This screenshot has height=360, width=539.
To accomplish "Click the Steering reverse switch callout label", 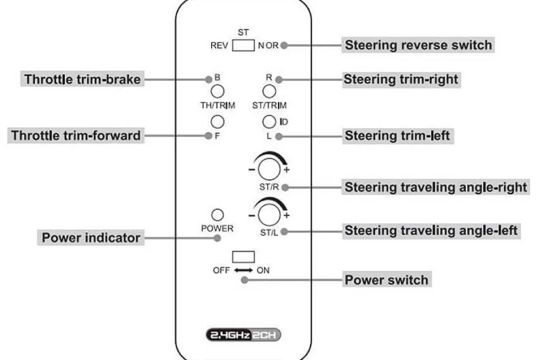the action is pyautogui.click(x=418, y=45).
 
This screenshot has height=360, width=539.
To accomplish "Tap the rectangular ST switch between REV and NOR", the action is pyautogui.click(x=243, y=46).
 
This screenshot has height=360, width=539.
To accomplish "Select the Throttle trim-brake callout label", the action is pyautogui.click(x=82, y=79).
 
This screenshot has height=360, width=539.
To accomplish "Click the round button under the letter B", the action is pyautogui.click(x=217, y=91).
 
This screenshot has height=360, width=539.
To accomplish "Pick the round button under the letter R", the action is pyautogui.click(x=269, y=91).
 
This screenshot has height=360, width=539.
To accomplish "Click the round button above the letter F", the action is pyautogui.click(x=217, y=122).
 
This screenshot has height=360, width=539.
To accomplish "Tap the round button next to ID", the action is pyautogui.click(x=269, y=122).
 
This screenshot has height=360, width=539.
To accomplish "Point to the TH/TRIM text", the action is pyautogui.click(x=218, y=105).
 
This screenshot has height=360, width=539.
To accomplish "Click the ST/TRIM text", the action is pyautogui.click(x=269, y=105).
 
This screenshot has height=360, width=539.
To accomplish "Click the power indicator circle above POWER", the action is pyautogui.click(x=217, y=215).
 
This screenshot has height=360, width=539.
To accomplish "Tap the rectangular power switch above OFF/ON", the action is pyautogui.click(x=243, y=257).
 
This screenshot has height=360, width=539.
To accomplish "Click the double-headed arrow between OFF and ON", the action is pyautogui.click(x=243, y=270).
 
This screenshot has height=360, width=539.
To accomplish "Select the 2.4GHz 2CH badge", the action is pyautogui.click(x=243, y=335).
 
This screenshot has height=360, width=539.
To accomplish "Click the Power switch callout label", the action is pyautogui.click(x=386, y=280).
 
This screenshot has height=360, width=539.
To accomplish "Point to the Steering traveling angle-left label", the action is pyautogui.click(x=431, y=231).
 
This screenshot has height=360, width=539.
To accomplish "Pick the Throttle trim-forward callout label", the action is pyautogui.click(x=76, y=135).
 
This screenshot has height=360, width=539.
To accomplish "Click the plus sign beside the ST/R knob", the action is pyautogui.click(x=287, y=170).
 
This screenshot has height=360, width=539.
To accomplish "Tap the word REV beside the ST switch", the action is pyautogui.click(x=219, y=46).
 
